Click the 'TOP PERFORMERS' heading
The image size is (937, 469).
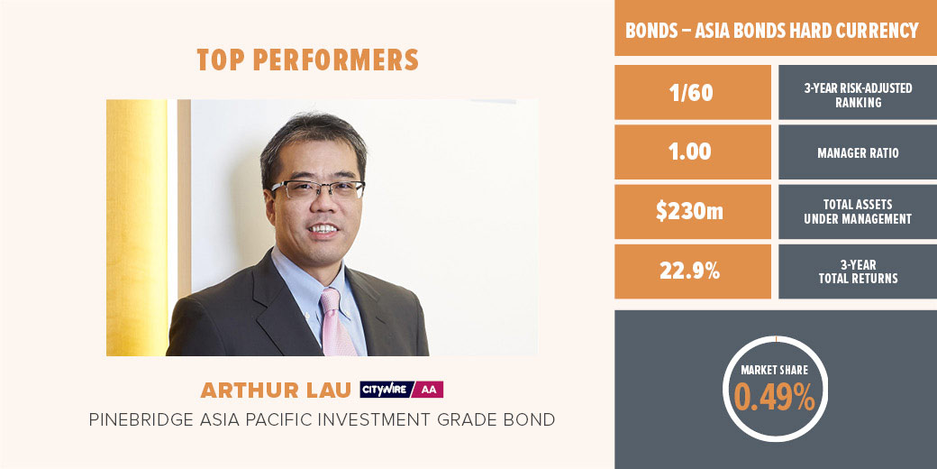(307, 60)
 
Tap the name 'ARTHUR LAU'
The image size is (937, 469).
(276, 390)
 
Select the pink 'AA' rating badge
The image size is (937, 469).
(429, 390)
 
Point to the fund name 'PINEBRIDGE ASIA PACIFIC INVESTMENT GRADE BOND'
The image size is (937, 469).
(322, 420)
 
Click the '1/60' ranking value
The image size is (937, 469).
(692, 93)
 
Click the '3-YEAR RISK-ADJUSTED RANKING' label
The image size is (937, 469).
(858, 95)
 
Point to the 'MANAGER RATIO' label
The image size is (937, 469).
(858, 153)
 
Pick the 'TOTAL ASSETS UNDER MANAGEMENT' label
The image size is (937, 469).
(858, 212)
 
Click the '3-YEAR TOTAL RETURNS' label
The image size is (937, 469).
(858, 271)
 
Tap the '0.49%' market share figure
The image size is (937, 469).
(775, 396)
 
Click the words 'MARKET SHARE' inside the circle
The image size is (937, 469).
(775, 371)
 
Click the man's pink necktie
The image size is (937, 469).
(337, 323)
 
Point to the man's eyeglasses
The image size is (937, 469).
(317, 189)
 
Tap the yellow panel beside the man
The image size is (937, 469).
(138, 227)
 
